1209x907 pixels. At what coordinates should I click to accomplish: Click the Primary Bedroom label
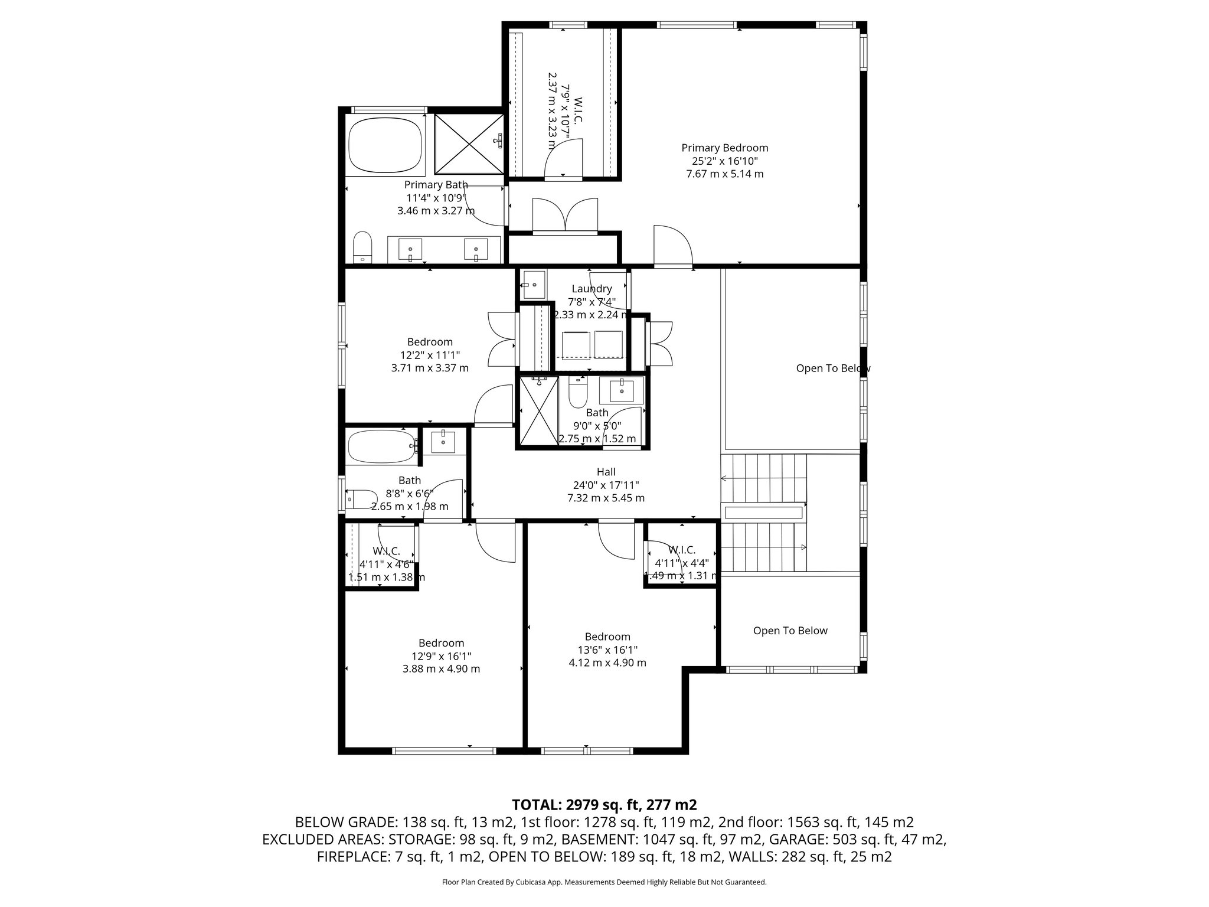tap(724, 148)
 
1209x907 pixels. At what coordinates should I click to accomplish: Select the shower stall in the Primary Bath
tap(469, 143)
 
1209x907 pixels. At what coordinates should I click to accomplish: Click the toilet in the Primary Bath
tap(362, 247)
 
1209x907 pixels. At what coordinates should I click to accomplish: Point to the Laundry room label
tap(592, 289)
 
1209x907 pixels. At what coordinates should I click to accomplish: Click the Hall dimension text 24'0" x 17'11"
tap(606, 485)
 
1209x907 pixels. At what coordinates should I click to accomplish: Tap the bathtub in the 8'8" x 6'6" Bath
tap(382, 447)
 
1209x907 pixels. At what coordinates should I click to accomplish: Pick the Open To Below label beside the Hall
tap(832, 368)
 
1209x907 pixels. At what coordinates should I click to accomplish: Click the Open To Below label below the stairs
tap(790, 631)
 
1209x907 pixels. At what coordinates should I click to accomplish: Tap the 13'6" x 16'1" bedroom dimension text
tap(607, 650)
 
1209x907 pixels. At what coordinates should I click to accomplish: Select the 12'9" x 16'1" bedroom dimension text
tap(441, 656)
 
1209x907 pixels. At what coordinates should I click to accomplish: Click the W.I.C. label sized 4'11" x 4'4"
tap(682, 550)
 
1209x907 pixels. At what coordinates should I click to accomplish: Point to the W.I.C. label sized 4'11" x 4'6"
tap(386, 551)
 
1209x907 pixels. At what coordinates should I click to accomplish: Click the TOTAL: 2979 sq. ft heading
tap(604, 805)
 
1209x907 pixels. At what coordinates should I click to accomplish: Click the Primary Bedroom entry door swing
tap(672, 246)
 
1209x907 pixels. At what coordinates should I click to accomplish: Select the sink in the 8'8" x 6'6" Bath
tap(443, 441)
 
